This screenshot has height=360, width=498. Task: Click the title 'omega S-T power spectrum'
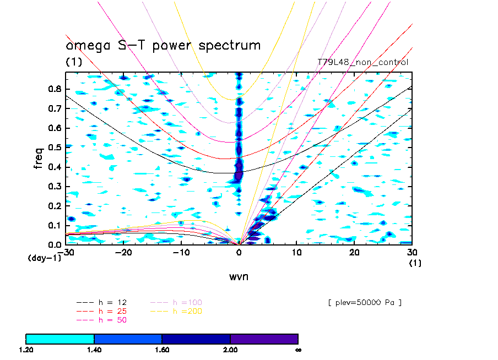(163, 45)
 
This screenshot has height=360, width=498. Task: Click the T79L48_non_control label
(363, 62)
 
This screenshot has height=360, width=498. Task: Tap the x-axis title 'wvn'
(239, 276)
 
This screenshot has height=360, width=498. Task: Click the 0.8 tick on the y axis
(55, 90)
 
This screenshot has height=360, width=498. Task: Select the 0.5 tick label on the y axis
(55, 148)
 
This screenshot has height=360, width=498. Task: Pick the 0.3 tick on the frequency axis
(55, 187)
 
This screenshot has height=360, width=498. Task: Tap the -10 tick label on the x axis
(180, 252)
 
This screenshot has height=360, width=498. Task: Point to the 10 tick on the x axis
(296, 252)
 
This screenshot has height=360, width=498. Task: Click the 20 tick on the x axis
(354, 252)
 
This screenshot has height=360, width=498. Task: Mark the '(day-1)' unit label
(44, 258)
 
